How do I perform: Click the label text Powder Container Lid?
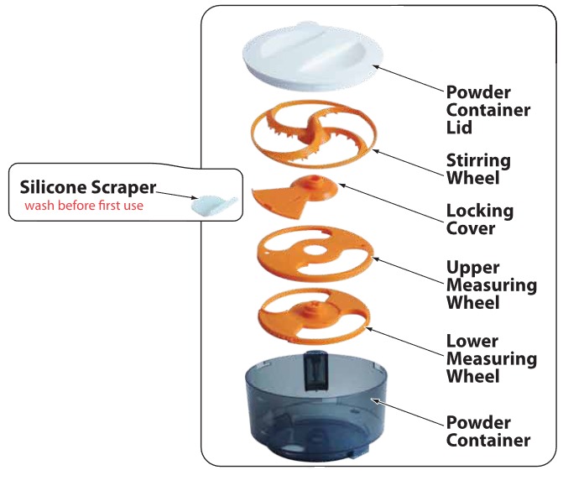coord(488,109)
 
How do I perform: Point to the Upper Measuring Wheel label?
coord(491,285)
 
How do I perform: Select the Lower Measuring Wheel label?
coord(491,358)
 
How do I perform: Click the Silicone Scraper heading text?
coord(88,186)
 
